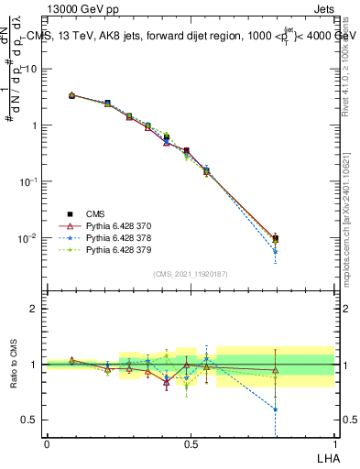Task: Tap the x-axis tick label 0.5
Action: (x=191, y=442)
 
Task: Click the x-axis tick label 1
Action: (x=334, y=442)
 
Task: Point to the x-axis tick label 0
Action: (x=47, y=442)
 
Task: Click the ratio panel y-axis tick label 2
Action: (x=34, y=309)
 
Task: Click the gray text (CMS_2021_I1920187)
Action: (x=190, y=274)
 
